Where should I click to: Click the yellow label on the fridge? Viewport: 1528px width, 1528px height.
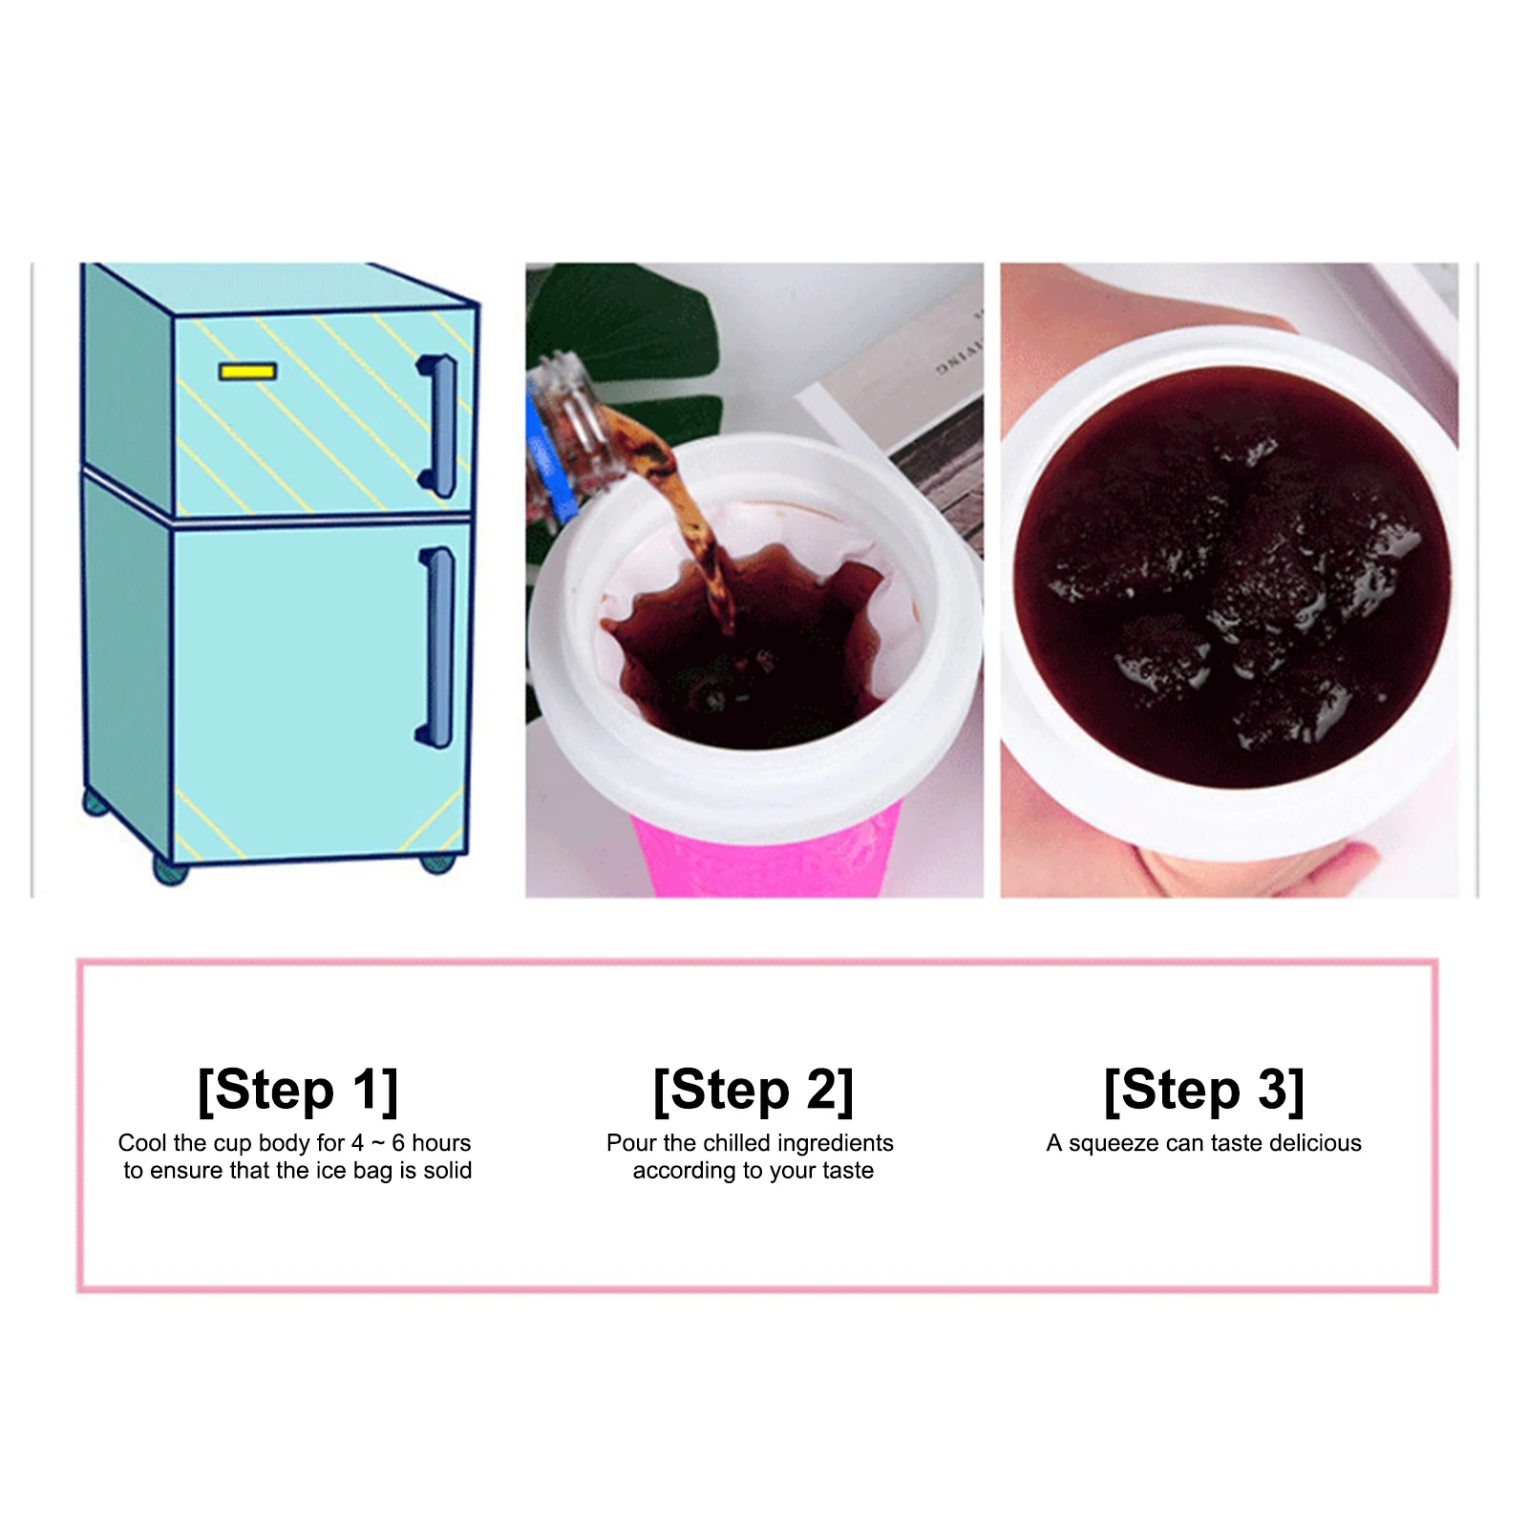(x=247, y=371)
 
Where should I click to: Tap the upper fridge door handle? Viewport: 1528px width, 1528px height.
(x=440, y=425)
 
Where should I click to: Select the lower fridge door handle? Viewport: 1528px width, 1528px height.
(x=438, y=647)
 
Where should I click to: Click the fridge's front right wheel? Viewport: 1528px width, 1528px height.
(x=438, y=863)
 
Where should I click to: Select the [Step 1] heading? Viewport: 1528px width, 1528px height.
(x=297, y=1090)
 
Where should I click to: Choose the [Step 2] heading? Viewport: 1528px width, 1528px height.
(x=753, y=1090)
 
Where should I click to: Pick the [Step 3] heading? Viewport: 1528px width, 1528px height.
(x=1203, y=1090)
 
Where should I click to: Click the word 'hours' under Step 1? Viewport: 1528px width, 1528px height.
(x=441, y=1143)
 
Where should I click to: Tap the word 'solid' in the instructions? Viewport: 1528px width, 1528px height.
(x=447, y=1171)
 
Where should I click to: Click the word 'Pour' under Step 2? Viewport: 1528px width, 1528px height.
(x=631, y=1143)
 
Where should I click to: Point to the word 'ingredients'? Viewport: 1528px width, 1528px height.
(x=836, y=1143)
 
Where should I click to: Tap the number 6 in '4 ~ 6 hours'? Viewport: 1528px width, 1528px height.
(x=398, y=1143)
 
